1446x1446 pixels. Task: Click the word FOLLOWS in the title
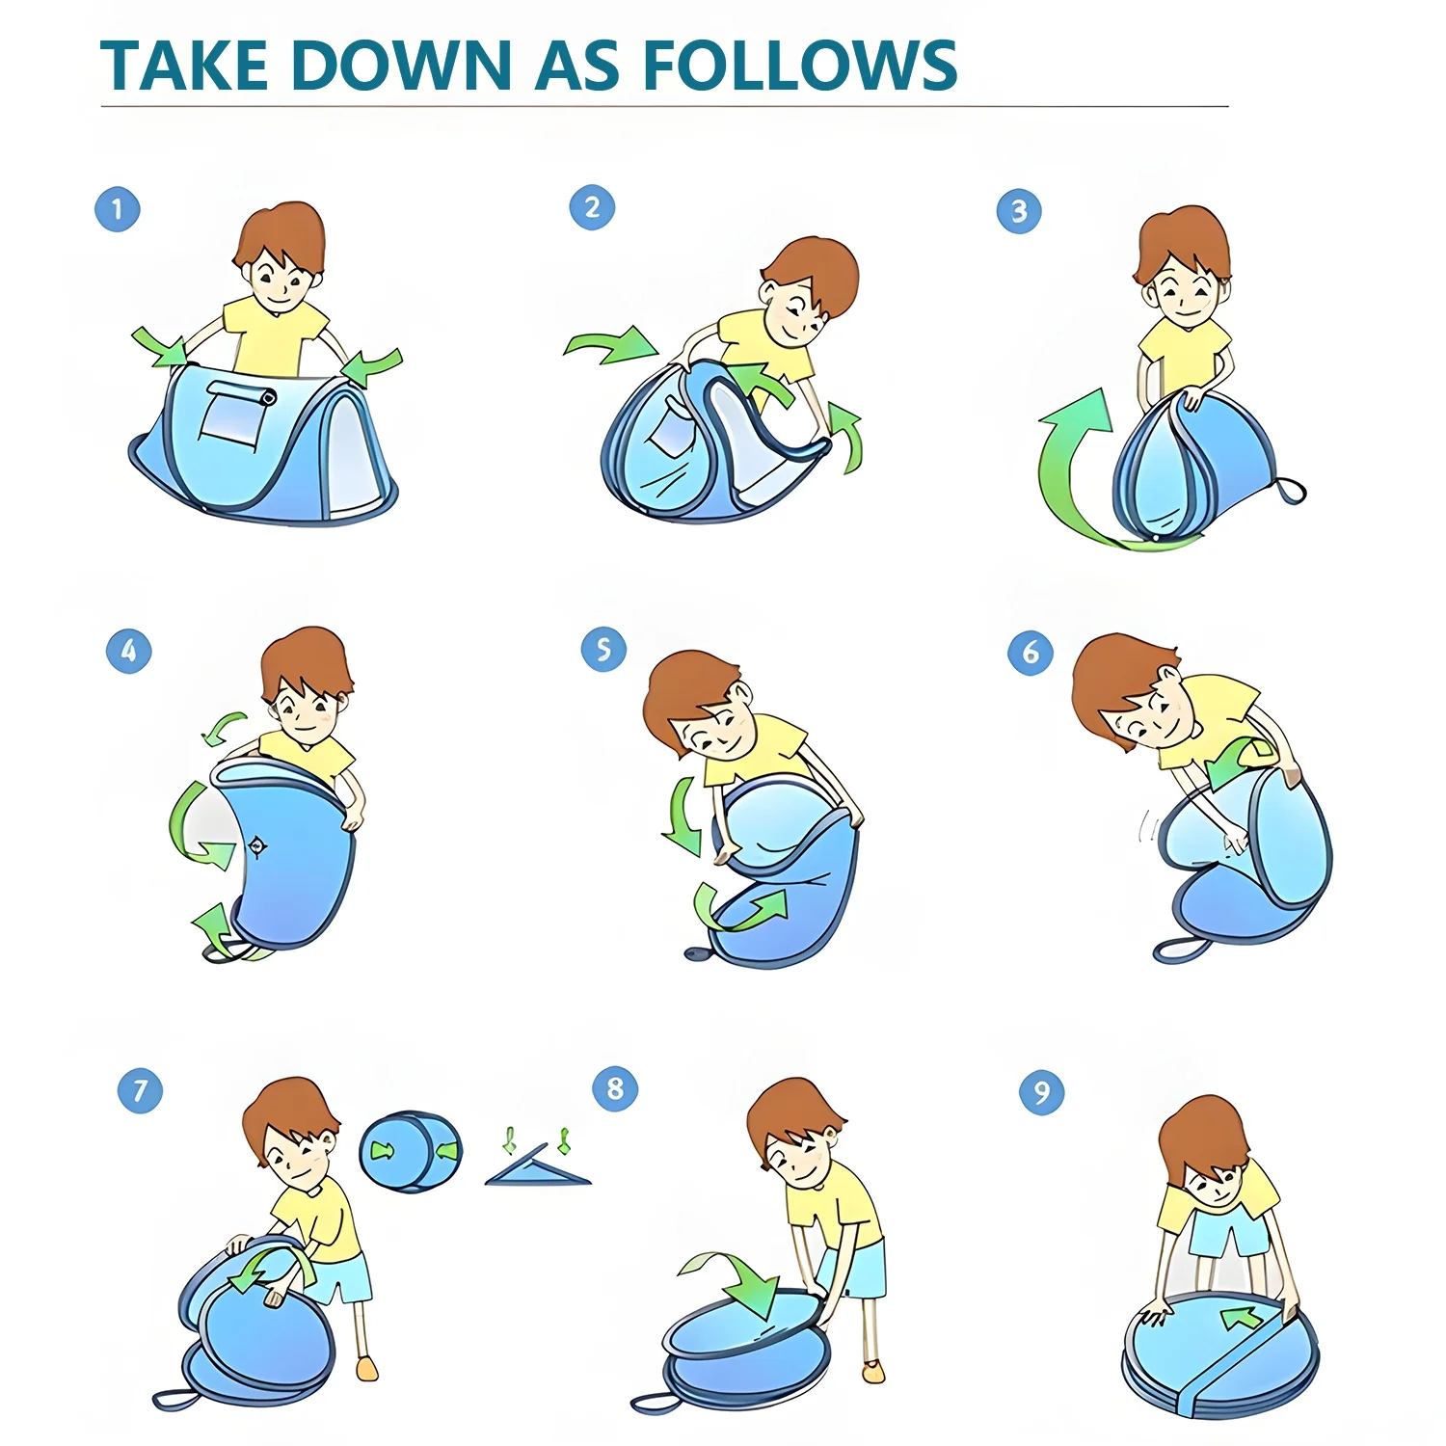click(x=799, y=66)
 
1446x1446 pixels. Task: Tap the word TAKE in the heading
click(x=183, y=66)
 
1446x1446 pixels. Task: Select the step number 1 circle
click(x=118, y=209)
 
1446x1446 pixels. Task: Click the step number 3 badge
click(x=1019, y=211)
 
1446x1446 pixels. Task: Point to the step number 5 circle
click(x=603, y=650)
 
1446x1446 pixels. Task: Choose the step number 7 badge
click(x=141, y=1090)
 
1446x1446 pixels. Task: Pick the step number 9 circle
click(x=1042, y=1092)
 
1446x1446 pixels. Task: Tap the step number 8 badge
click(x=615, y=1089)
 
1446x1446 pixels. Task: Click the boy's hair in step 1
click(x=281, y=236)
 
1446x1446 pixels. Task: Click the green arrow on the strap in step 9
click(x=1243, y=1318)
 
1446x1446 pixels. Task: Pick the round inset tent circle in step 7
click(x=411, y=1151)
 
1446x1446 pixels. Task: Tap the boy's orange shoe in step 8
click(x=873, y=1371)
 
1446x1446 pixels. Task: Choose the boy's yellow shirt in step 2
click(x=767, y=354)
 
